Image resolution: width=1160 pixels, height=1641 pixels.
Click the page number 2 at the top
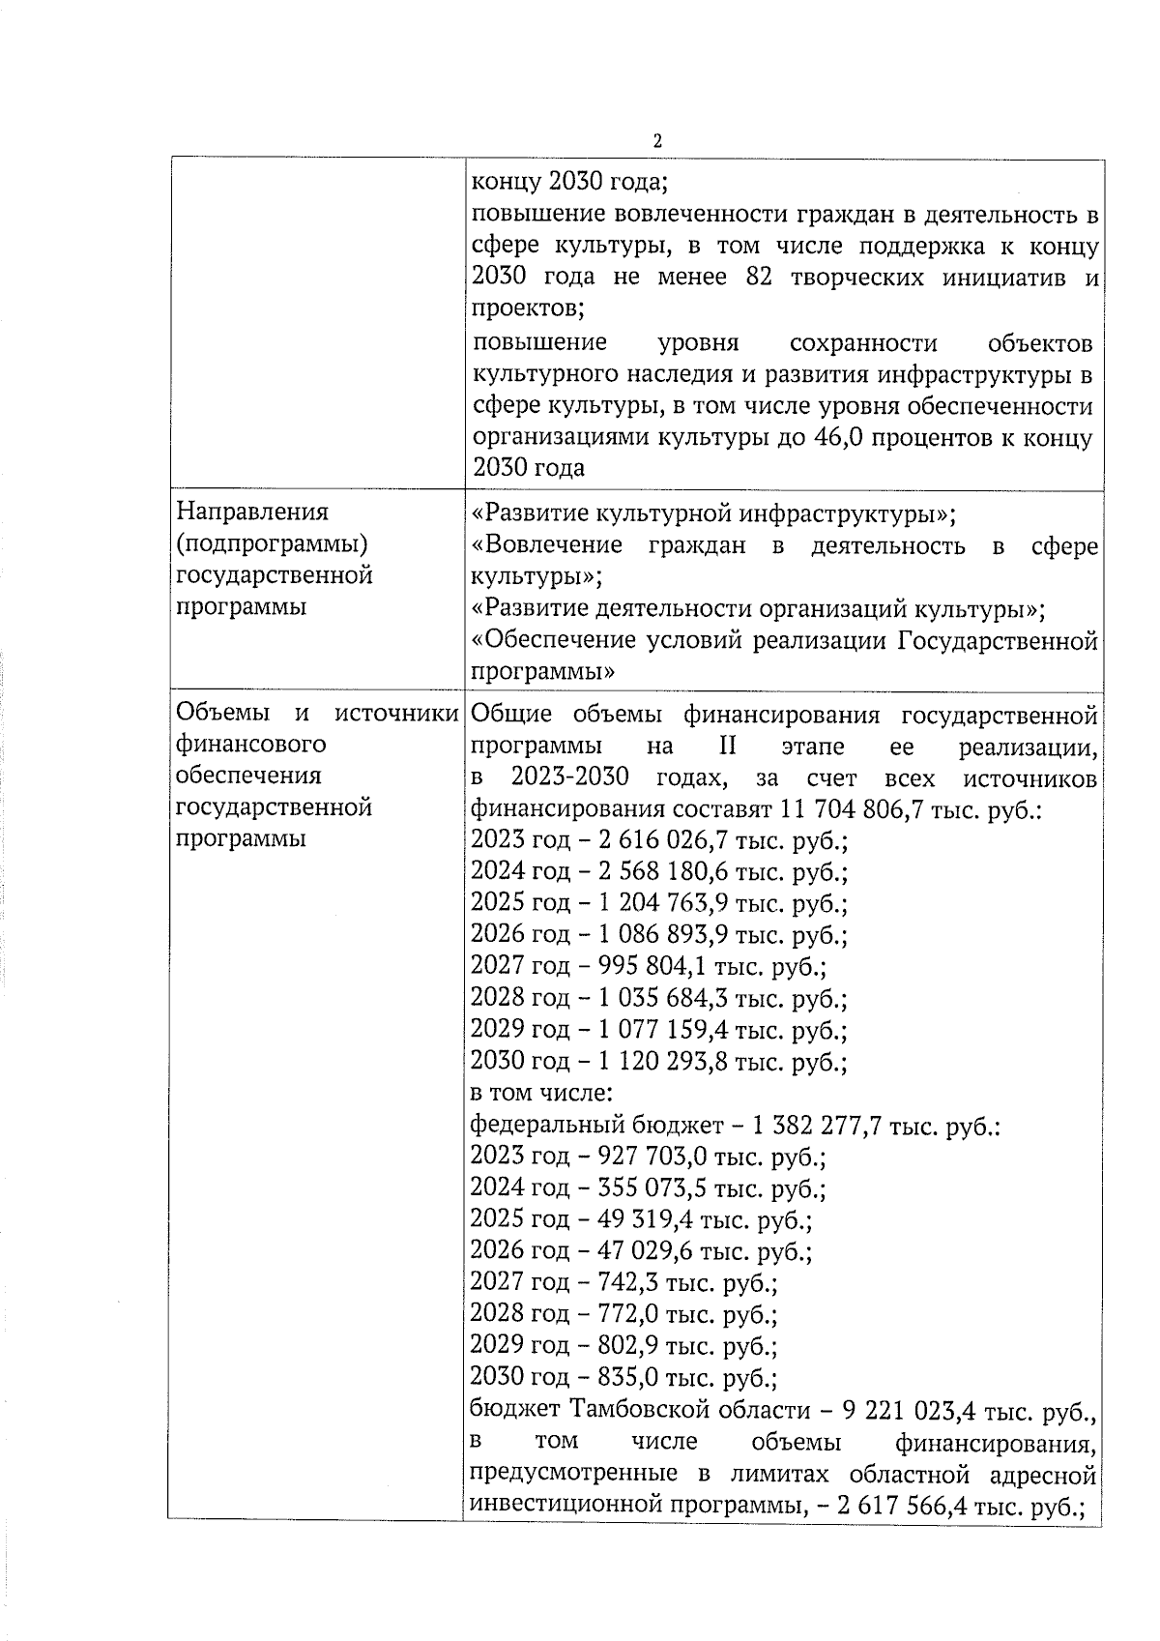coord(657,141)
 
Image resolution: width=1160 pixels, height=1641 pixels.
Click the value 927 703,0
coord(632,1157)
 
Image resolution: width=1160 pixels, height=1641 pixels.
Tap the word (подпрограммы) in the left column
coord(274,543)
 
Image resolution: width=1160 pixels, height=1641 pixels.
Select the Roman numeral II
coord(727,747)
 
